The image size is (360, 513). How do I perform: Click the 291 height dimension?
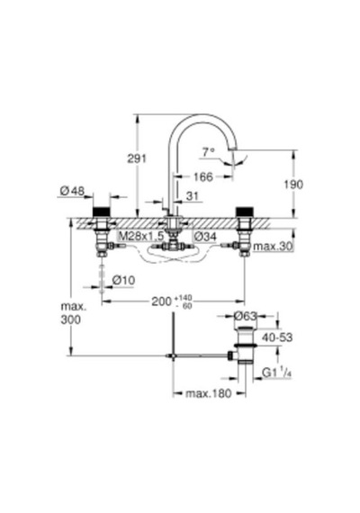(137, 158)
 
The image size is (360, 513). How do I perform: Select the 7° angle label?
(208, 152)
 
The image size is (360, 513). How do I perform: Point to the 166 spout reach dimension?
(202, 177)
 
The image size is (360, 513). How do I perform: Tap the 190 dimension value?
(293, 184)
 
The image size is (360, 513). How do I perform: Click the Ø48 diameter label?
(72, 191)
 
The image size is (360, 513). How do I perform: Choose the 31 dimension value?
(193, 196)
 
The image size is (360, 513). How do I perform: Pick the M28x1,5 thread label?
(141, 236)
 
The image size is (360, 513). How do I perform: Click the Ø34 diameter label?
(205, 236)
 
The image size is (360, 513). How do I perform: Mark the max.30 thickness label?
(273, 247)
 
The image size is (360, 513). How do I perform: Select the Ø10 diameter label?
(123, 281)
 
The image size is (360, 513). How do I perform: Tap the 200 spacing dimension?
(172, 301)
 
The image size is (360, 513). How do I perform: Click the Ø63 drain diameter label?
(246, 316)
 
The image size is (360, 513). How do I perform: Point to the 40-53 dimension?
(277, 337)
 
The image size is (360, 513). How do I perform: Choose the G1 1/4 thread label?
(277, 373)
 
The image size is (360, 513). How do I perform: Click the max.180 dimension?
(209, 393)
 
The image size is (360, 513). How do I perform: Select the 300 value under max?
(71, 319)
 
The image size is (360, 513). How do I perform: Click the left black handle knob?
(102, 211)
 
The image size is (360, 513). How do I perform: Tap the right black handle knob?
(245, 211)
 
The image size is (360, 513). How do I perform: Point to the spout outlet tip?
(233, 148)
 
